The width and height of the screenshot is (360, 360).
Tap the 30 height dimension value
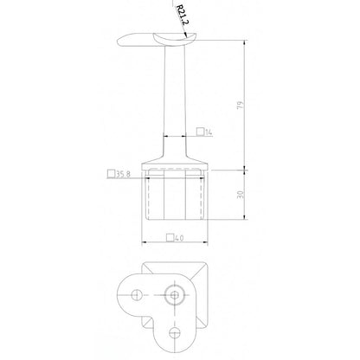250,195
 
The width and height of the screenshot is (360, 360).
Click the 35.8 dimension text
126,174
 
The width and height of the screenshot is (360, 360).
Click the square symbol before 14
200,132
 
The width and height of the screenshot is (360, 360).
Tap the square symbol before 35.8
111,174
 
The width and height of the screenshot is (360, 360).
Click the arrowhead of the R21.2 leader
185,35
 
